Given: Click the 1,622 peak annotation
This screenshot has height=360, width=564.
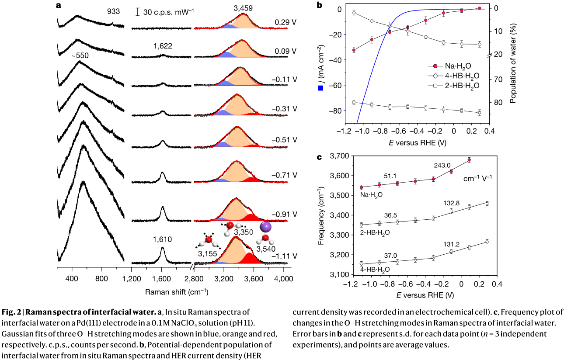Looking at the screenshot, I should pos(163,46).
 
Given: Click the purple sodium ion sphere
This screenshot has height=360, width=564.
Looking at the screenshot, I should pos(265,227).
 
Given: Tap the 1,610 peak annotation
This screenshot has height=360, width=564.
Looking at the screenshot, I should pos(162,239).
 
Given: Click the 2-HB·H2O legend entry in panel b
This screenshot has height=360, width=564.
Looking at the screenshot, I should pos(453,86).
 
